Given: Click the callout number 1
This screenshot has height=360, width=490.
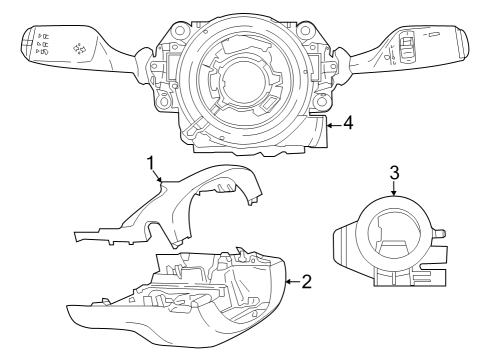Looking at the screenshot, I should (150, 163).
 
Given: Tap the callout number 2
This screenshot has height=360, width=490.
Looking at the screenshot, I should (307, 281).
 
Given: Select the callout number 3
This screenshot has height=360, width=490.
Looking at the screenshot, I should (394, 171).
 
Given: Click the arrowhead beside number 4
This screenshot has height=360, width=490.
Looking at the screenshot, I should (326, 125).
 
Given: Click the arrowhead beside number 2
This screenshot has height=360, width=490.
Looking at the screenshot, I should (289, 281).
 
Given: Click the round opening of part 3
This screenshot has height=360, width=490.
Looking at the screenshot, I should (394, 230).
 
